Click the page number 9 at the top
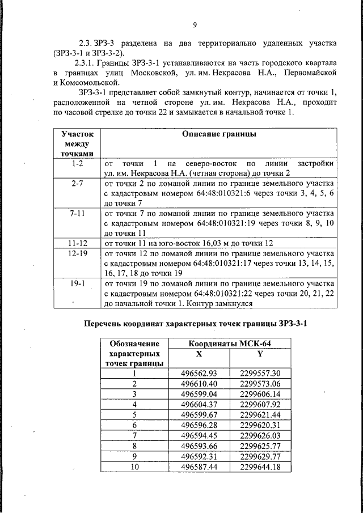195,24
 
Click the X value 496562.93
199,374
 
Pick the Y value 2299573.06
260,384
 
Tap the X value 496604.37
199,404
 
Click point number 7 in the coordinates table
134,435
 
